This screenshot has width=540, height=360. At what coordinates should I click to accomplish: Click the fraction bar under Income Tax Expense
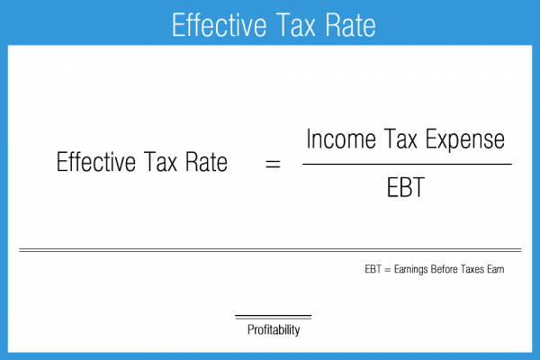tap(407, 164)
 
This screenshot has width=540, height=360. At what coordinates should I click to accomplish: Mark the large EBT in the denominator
tap(407, 192)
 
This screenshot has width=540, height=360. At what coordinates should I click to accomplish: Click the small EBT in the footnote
tap(373, 268)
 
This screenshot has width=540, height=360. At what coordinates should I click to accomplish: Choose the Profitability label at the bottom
tap(274, 330)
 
